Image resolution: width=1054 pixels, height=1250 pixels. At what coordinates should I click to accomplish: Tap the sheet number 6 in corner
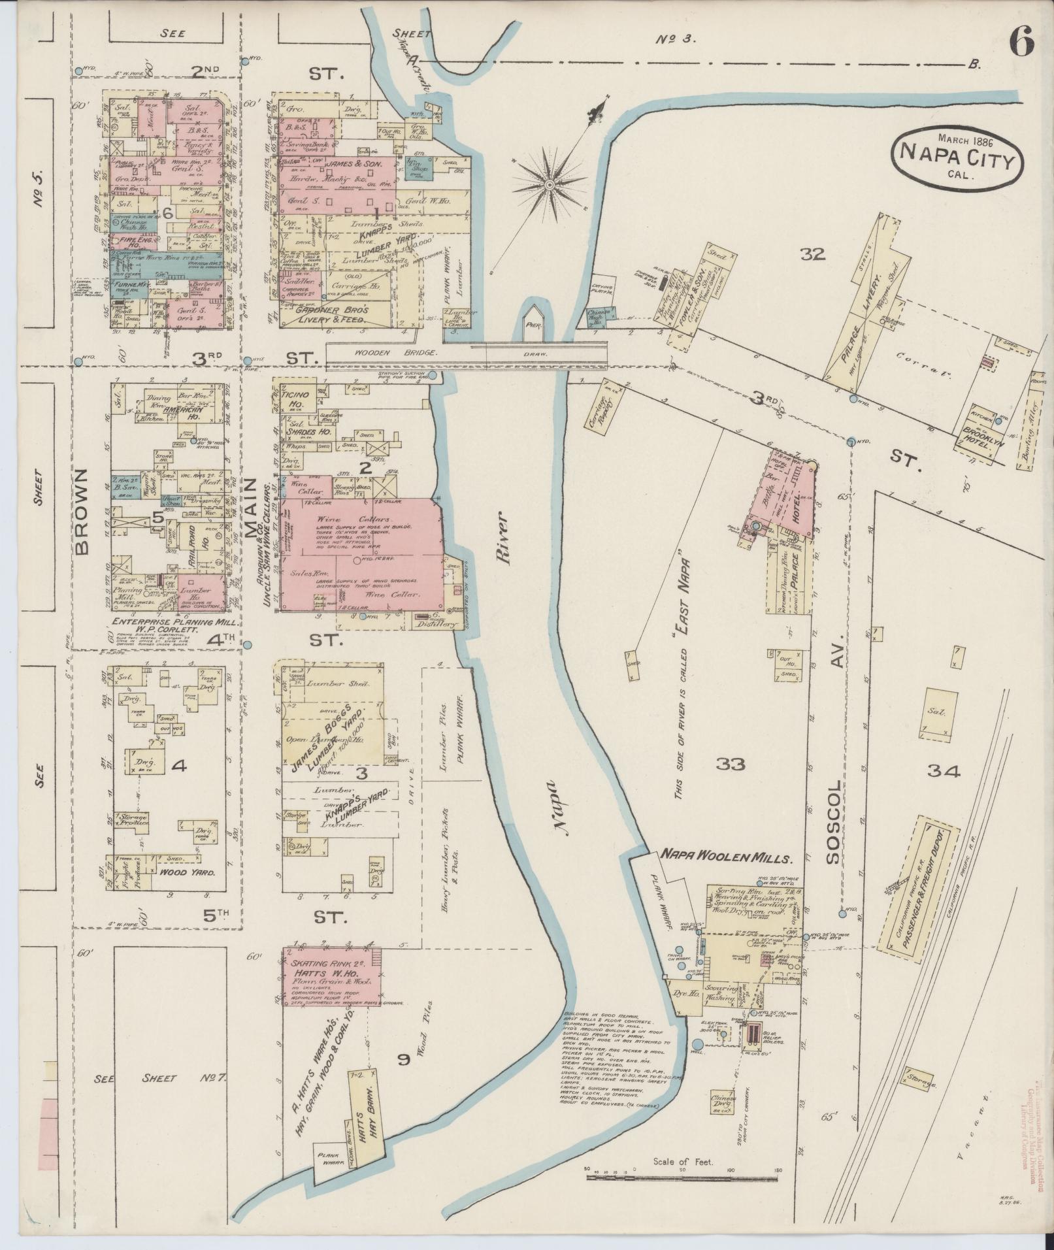pos(1021,44)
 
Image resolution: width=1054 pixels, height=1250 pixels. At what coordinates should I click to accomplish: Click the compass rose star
pos(550,185)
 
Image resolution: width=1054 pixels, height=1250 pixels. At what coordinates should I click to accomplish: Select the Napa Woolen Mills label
pos(725,857)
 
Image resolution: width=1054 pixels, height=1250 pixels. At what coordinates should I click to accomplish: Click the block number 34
pos(942,772)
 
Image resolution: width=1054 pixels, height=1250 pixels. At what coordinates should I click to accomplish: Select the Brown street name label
pos(82,512)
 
